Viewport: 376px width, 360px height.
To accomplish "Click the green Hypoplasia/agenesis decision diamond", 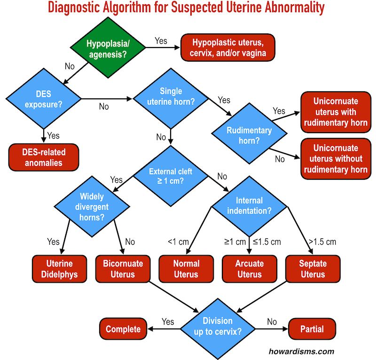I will pos(108,49).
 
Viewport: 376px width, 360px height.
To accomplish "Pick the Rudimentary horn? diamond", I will pos(249,135).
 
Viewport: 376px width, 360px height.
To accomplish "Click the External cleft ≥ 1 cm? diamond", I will pos(171,176).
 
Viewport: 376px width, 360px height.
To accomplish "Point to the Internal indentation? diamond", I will pos(249,206).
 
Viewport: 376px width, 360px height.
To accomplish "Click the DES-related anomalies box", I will pos(44,158).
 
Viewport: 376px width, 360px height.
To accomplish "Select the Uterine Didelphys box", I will pos(59,269).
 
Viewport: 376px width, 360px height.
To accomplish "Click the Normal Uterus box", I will pos(186,269).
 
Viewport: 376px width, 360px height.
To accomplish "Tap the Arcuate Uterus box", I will pos(249,269).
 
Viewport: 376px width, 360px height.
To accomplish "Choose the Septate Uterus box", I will pos(313,269).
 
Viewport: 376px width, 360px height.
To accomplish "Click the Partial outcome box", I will pos(313,329).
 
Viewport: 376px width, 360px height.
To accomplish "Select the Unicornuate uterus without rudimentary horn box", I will pos(336,159).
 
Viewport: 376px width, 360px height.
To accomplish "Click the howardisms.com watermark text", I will pos(308,351).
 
